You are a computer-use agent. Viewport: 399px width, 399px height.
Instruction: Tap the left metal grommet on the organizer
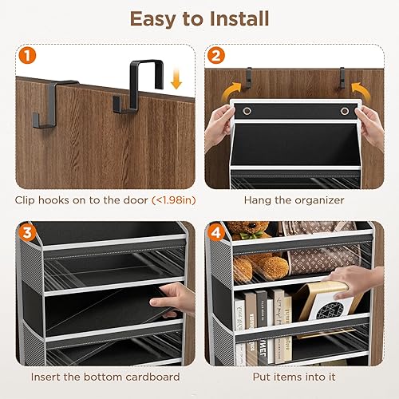click(x=245, y=110)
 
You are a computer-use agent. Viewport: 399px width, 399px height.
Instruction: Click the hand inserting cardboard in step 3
click(x=179, y=298)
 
